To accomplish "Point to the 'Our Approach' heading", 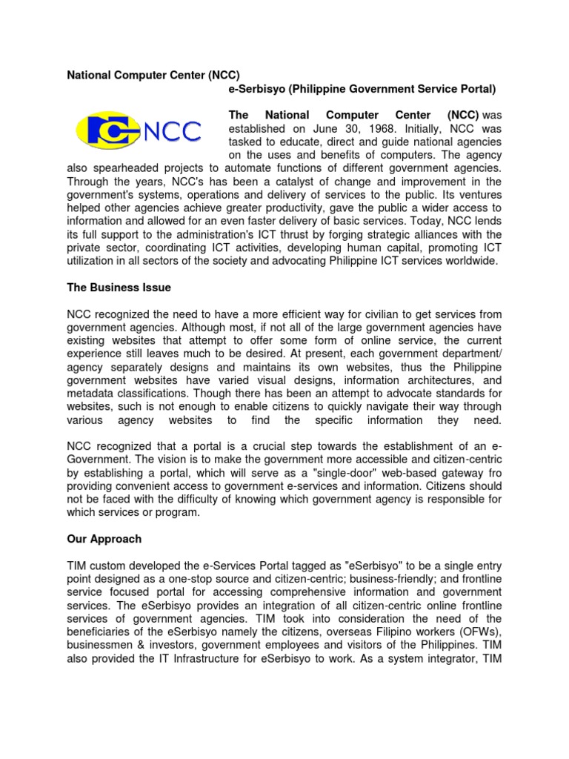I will (x=104, y=539).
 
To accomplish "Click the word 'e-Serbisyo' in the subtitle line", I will (x=254, y=89).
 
